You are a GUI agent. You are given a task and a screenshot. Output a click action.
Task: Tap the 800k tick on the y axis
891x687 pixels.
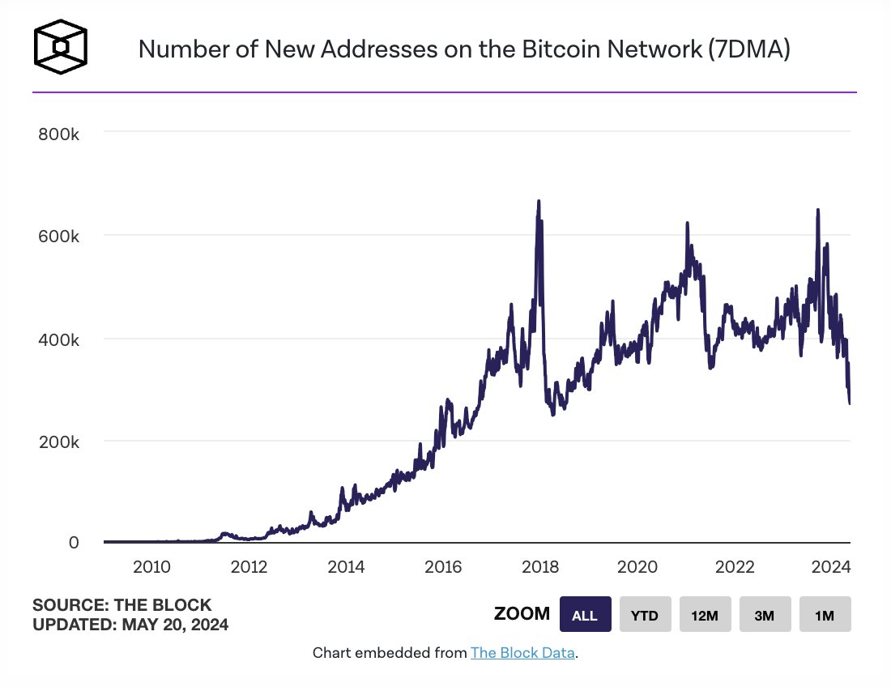coord(58,134)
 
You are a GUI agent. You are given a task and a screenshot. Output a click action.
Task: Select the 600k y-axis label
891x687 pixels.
coord(58,237)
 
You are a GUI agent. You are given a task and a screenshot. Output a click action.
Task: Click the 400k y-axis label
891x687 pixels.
coord(58,339)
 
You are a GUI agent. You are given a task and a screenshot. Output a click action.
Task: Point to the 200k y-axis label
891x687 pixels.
coord(58,442)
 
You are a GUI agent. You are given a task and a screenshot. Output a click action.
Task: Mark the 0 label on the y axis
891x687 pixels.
coord(74,542)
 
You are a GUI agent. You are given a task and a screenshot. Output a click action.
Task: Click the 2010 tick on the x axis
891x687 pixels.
coord(151,566)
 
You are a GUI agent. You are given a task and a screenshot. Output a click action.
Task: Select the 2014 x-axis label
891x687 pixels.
coord(347,566)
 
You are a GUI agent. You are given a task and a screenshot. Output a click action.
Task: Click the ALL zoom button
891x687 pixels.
coord(585,615)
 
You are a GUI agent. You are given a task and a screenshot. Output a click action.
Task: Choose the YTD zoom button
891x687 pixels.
coord(646,615)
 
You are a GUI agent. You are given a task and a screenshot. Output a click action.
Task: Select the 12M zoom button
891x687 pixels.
coord(705,615)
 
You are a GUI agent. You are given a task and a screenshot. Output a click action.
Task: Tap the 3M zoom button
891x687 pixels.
coord(765,615)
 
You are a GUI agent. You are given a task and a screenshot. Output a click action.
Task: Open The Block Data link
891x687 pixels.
coord(522,653)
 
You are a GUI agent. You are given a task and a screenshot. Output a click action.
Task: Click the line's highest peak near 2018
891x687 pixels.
coord(539,201)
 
